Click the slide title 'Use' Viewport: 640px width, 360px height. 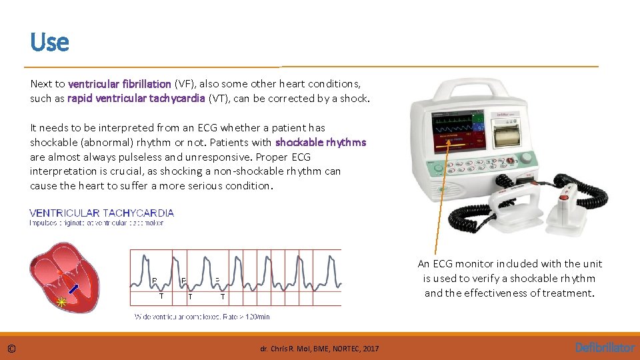(49, 42)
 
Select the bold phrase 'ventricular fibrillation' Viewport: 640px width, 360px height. (119, 84)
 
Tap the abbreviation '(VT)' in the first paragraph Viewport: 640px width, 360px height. (219, 99)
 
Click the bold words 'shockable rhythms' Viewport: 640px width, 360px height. (321, 142)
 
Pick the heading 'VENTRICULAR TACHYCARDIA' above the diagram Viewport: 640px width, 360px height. (102, 213)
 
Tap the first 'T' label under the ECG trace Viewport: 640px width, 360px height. (161, 296)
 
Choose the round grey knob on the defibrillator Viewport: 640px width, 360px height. (527, 159)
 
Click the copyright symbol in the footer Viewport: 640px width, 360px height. (12, 348)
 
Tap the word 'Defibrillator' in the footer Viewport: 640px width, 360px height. (605, 347)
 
